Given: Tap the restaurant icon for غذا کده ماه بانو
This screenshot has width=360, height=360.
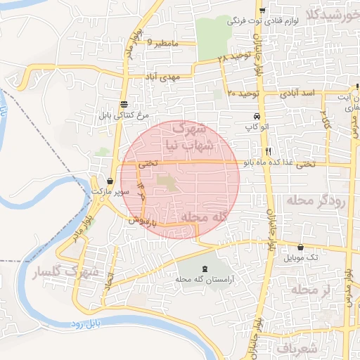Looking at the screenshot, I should pos(268,152).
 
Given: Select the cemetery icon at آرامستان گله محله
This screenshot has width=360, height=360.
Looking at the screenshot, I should pos(205,269).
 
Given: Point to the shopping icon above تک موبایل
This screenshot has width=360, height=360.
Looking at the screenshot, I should pos(301,247).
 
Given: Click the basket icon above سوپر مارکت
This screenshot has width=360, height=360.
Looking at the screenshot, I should pos(111,181).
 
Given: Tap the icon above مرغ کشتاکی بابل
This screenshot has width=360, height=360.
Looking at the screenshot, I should pos(124,103).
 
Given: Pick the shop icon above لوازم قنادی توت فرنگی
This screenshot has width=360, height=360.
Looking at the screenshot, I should pos(262,11).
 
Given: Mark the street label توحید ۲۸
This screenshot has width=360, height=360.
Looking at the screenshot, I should pos(231,57).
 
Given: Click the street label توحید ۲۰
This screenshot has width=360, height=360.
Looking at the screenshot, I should pos(244,94).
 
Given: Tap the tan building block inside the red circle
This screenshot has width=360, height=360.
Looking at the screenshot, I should pos(167,182).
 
